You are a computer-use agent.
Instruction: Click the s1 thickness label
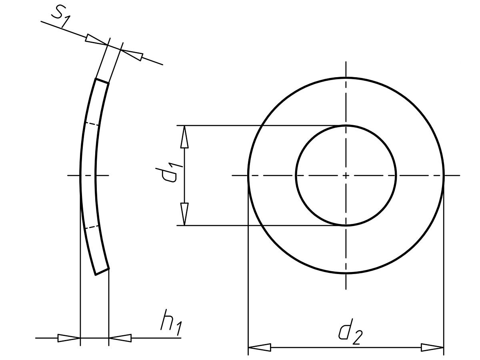pyautogui.click(x=60, y=18)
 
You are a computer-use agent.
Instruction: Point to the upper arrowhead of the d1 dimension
pyautogui.click(x=184, y=137)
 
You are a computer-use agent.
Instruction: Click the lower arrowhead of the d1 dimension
pyautogui.click(x=184, y=214)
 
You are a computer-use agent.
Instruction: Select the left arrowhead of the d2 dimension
pyautogui.click(x=260, y=348)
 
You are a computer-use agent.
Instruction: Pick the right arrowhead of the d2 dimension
pyautogui.click(x=432, y=348)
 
